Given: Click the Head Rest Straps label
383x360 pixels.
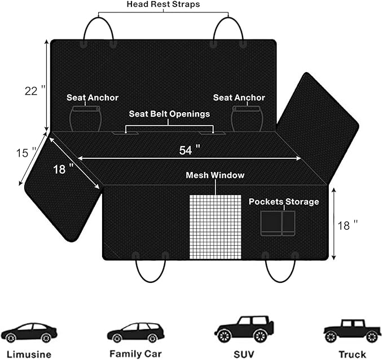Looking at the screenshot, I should click(164, 5).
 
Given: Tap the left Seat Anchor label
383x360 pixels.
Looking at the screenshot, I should click(93, 97).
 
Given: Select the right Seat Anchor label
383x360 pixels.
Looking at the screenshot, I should click(239, 97).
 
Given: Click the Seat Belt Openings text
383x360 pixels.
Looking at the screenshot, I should click(169, 114).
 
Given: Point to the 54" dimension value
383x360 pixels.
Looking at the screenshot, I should click(190, 150).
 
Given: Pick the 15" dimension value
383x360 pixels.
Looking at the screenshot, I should click(26, 152).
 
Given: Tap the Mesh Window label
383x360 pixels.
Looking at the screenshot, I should click(215, 175).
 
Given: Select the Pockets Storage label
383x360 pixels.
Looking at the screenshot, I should click(284, 202).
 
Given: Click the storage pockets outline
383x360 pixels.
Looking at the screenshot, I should click(278, 223).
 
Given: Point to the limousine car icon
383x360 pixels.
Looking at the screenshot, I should click(29, 332).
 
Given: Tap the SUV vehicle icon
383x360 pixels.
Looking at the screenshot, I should click(244, 330).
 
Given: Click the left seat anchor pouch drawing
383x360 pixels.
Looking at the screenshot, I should click(85, 118).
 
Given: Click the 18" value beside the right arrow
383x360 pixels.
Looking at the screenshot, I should click(347, 225).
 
